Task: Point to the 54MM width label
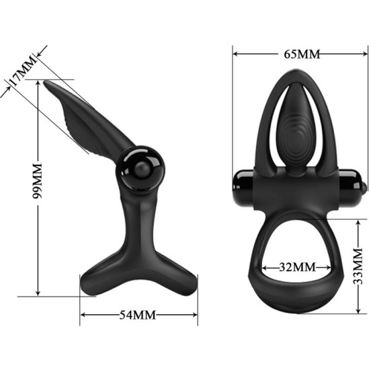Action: pos(138,314)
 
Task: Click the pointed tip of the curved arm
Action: pos(47,83)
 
